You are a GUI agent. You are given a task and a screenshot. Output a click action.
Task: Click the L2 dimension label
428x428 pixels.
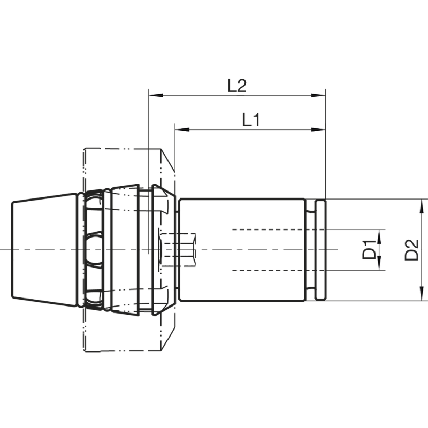pyautogui.click(x=236, y=86)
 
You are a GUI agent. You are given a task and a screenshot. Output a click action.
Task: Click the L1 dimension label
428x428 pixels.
pyautogui.click(x=251, y=120)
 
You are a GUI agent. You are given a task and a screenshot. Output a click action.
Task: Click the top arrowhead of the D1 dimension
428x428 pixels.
pyautogui.click(x=379, y=234)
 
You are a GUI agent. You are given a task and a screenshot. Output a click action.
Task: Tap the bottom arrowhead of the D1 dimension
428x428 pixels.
pyautogui.click(x=379, y=265)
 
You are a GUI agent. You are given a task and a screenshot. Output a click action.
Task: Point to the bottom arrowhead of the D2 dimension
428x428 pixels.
pyautogui.click(x=422, y=295)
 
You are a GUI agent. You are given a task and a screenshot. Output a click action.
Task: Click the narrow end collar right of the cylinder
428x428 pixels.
pyautogui.click(x=320, y=250)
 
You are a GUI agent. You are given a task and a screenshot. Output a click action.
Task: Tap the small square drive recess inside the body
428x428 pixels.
pyautogui.click(x=179, y=250)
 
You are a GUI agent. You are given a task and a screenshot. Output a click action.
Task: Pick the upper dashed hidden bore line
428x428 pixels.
pyautogui.click(x=278, y=230)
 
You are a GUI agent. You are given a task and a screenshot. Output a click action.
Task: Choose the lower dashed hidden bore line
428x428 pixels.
pyautogui.click(x=278, y=270)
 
